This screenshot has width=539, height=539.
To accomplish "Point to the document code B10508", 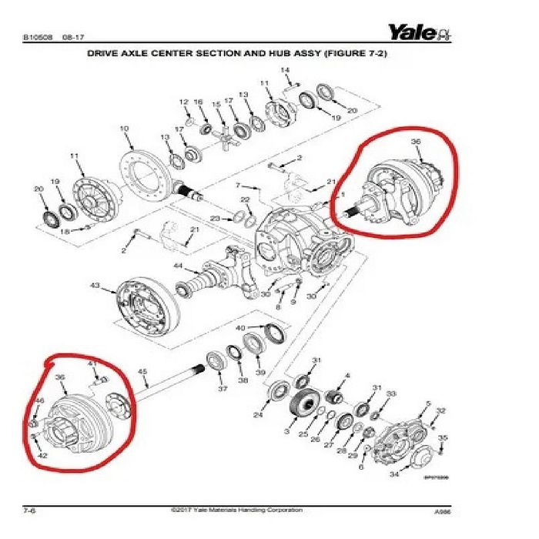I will tap(38, 36).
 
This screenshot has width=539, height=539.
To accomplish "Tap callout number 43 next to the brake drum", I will tap(95, 286).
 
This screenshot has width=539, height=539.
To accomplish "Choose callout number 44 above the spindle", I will tap(178, 266).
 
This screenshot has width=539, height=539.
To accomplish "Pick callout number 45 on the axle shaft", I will tap(142, 373).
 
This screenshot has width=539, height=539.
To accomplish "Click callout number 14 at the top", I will tap(285, 71).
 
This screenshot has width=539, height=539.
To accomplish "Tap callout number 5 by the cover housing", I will tap(427, 403).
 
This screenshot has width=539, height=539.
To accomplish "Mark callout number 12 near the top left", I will tap(184, 102).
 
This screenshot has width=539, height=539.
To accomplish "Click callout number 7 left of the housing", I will tap(239, 186).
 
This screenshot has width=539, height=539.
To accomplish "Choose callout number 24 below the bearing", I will tap(258, 416).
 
